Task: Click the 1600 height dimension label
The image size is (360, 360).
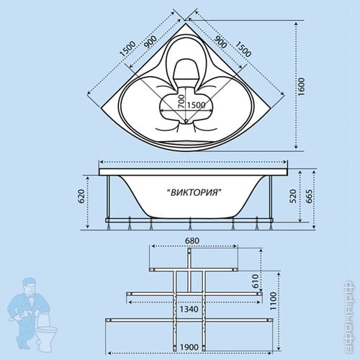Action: pyautogui.click(x=301, y=86)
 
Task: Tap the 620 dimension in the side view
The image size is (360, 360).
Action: pyautogui.click(x=81, y=196)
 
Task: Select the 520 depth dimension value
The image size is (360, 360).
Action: pyautogui.click(x=293, y=196)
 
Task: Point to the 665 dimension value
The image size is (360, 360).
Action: pyautogui.click(x=310, y=196)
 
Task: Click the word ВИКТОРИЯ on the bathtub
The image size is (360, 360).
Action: pyautogui.click(x=194, y=192)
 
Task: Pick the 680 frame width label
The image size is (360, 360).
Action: pyautogui.click(x=192, y=240)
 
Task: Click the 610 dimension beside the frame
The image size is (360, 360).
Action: pyautogui.click(x=256, y=281)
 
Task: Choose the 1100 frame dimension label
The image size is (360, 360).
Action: pyautogui.click(x=273, y=301)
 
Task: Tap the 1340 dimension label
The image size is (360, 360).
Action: pyautogui.click(x=189, y=309)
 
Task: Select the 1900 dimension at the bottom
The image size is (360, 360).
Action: pyautogui.click(x=189, y=347)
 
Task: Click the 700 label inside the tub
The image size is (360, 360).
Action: pyautogui.click(x=181, y=101)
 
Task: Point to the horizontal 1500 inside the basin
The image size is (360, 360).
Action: pyautogui.click(x=196, y=105)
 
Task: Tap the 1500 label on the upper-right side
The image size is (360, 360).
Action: pyautogui.click(x=243, y=49)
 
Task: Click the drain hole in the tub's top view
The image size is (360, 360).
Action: pyautogui.click(x=186, y=122)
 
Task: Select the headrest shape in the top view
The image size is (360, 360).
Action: pyautogui.click(x=186, y=69)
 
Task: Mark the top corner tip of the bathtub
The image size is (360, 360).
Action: pyautogui.click(x=185, y=23)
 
